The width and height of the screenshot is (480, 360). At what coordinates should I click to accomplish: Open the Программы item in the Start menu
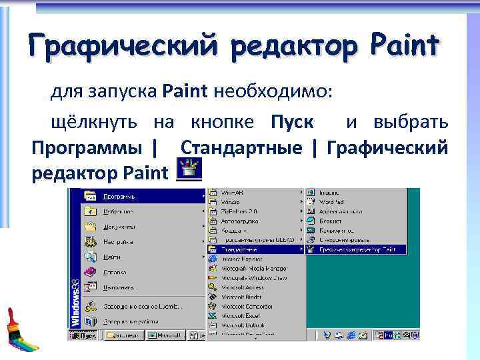coord(120,196)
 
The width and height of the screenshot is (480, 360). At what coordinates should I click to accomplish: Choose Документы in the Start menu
coord(120,227)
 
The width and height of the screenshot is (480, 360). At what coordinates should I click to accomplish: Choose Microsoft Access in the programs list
coord(243,287)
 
